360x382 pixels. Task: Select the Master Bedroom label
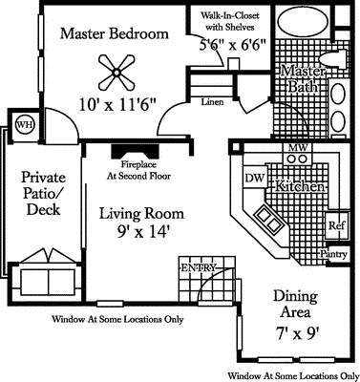click(115, 34)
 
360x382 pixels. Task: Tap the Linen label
click(213, 101)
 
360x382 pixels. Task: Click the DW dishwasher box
click(253, 178)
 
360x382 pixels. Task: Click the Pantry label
click(333, 255)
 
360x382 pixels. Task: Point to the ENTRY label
click(199, 267)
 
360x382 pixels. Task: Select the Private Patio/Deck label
click(43, 194)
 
